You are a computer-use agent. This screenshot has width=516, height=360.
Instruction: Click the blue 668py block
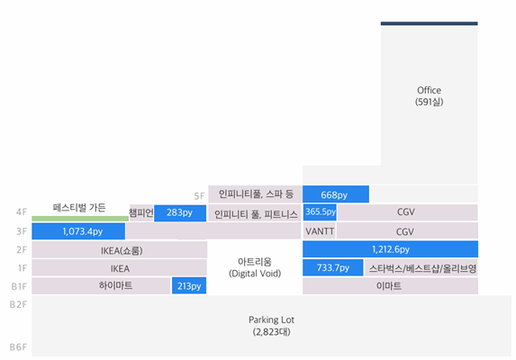336,194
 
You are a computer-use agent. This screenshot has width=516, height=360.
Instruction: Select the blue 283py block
180,213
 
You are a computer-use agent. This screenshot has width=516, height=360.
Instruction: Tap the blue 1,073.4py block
78,231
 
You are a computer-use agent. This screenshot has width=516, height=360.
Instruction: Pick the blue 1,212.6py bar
390,249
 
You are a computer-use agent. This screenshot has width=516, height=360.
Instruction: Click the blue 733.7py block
333,267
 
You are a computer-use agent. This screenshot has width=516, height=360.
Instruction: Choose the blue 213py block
189,285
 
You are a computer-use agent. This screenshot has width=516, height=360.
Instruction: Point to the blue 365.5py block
320,212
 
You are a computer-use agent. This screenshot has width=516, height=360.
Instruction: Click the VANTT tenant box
319,230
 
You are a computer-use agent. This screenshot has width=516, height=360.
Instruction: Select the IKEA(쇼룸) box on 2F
120,249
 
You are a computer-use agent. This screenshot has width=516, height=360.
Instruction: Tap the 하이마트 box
102,285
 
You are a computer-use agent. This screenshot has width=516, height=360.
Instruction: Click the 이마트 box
390,285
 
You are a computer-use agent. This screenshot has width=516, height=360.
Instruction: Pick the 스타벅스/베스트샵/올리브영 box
421,268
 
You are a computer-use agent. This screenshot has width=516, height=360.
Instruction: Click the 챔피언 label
141,212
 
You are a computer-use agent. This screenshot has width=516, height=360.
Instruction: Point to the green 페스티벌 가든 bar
80,219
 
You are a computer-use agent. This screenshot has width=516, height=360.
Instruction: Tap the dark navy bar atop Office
430,23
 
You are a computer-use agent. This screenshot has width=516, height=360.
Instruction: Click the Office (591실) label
430,96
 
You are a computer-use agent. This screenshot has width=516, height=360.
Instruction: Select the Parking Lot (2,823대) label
271,326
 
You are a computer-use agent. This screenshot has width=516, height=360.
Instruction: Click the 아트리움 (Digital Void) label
255,267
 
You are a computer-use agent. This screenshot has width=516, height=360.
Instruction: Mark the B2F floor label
18,304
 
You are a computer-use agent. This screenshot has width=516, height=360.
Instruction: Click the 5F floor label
199,196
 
